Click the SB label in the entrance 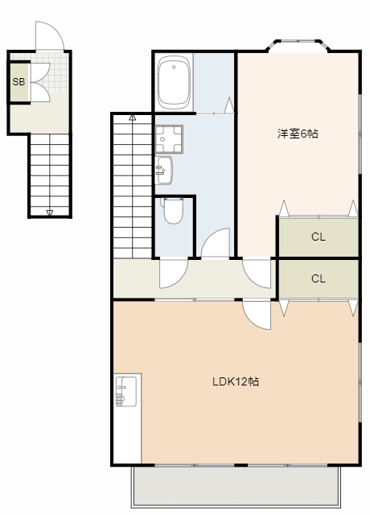[x=18, y=81]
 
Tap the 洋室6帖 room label [x=298, y=134]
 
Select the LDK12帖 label [x=236, y=381]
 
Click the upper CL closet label [x=319, y=237]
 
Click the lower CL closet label [x=319, y=278]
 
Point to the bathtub [x=174, y=82]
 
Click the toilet [x=172, y=210]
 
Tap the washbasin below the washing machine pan [x=163, y=170]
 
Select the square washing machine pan [x=169, y=139]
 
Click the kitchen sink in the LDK [x=125, y=392]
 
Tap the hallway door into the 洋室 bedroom [x=257, y=274]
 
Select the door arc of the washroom [x=215, y=242]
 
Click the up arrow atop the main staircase [x=132, y=117]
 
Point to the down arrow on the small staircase [x=50, y=212]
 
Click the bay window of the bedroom [x=298, y=45]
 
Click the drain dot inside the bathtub [x=174, y=68]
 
